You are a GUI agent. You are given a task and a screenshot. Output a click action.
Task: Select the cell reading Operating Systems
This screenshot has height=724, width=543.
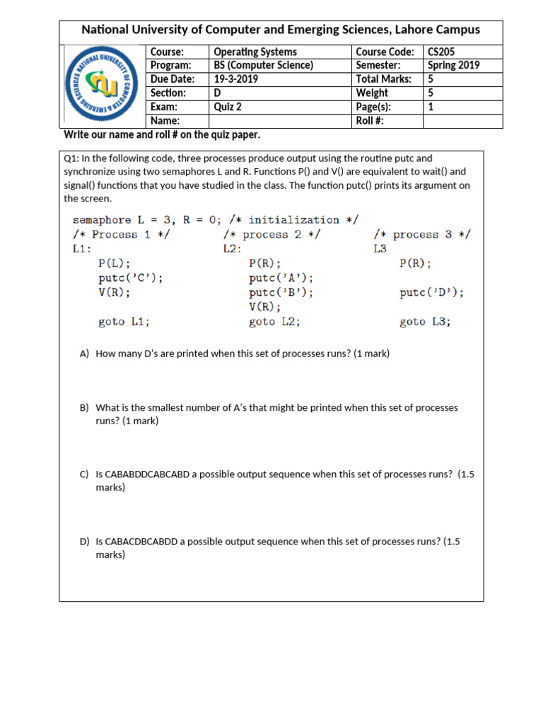(255, 52)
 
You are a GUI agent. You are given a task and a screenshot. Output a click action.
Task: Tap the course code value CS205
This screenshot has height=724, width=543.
(443, 52)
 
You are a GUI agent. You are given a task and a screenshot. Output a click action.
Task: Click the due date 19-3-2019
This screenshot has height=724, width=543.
(236, 79)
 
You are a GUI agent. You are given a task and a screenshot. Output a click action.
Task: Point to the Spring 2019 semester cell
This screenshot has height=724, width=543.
(454, 65)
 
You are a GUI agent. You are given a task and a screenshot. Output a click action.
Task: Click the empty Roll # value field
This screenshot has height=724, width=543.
(462, 121)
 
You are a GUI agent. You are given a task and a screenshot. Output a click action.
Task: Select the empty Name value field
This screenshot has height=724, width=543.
(280, 121)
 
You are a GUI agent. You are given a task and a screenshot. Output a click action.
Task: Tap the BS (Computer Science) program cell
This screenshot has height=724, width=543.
(264, 65)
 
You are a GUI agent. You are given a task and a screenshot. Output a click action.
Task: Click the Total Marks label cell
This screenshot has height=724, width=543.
(383, 79)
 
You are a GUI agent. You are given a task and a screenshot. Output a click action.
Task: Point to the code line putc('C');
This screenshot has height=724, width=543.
(131, 278)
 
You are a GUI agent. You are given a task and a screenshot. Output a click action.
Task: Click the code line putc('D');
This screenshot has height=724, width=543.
(432, 293)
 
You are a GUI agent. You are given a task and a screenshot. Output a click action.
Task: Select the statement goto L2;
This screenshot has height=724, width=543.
(274, 322)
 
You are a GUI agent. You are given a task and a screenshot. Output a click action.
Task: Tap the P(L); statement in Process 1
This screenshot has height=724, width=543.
(115, 263)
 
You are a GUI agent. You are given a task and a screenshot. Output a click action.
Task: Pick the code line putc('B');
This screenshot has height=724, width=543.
(281, 293)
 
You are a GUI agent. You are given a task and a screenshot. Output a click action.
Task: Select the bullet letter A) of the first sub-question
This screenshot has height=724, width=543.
(85, 354)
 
